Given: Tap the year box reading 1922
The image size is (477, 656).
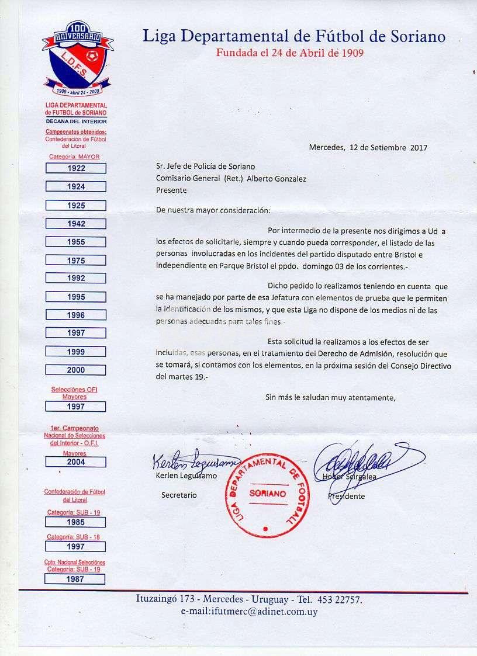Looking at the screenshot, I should click(x=75, y=168).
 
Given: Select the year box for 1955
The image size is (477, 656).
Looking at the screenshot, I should click(x=75, y=242).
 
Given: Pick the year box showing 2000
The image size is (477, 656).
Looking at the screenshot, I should click(x=75, y=370).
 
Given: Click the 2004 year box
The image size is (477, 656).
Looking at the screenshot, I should click(x=75, y=462).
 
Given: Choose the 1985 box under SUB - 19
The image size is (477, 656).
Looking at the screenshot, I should click(x=75, y=522).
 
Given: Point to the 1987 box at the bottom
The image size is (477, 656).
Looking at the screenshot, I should click(x=75, y=579).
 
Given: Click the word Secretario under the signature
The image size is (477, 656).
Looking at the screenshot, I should click(x=179, y=495).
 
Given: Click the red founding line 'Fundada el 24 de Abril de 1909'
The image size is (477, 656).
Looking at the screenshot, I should click(x=290, y=53).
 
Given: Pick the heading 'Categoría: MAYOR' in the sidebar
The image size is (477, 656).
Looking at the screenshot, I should click(x=74, y=157).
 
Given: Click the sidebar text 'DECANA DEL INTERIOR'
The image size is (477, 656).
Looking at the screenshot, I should click(x=76, y=121).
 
